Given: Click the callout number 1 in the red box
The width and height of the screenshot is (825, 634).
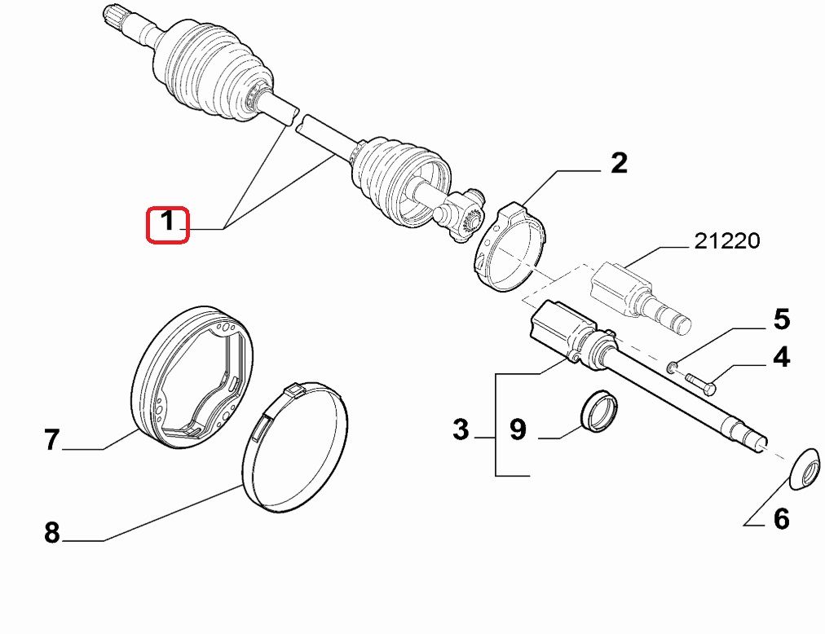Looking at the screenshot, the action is click(167, 221).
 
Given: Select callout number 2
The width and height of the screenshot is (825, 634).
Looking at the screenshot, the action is click(619, 163).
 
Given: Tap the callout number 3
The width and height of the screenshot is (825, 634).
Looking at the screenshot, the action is click(461, 429).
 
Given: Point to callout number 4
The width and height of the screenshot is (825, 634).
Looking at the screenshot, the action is click(781, 357).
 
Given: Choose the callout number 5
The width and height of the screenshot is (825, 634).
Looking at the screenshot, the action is click(781, 319).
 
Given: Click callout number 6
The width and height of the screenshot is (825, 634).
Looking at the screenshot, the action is click(781, 519).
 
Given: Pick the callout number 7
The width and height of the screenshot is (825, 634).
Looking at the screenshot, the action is click(51, 440).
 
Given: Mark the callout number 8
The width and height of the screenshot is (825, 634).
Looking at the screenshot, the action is click(51, 532).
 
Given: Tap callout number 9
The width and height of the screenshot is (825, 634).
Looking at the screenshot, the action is click(518, 429).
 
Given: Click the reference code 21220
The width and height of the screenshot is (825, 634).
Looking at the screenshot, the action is click(727, 241).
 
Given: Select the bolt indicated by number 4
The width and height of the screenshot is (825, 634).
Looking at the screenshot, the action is click(700, 383).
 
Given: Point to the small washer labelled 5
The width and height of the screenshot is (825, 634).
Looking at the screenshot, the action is click(672, 367).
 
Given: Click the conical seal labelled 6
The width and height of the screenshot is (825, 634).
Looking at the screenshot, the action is click(805, 469).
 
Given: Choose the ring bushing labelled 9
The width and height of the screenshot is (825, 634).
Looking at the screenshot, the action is click(599, 411).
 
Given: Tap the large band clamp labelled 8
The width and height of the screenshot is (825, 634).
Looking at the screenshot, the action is click(294, 447).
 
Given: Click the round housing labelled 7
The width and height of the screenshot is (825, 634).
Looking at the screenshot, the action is click(192, 376).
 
